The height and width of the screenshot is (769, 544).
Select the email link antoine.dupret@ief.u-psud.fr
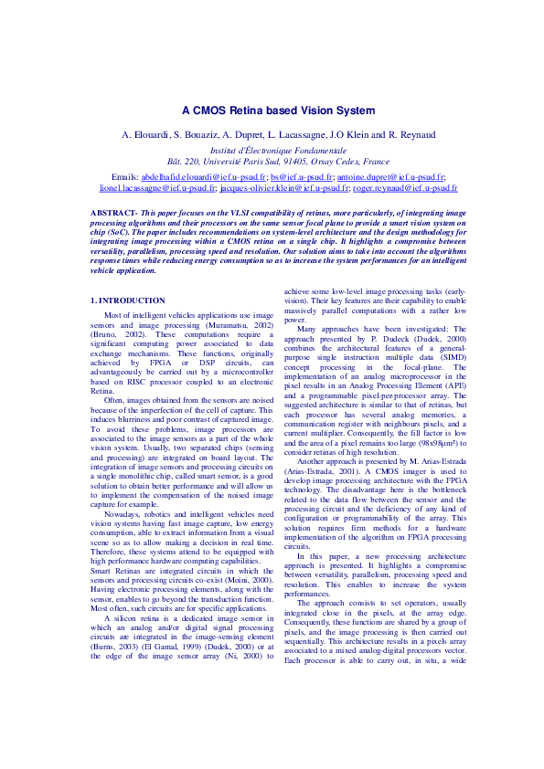(x=392, y=175)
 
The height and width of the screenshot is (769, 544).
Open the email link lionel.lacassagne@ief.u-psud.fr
(x=158, y=187)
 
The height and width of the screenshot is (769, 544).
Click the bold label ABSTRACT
(x=113, y=212)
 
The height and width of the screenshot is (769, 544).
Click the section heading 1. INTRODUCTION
(x=128, y=300)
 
